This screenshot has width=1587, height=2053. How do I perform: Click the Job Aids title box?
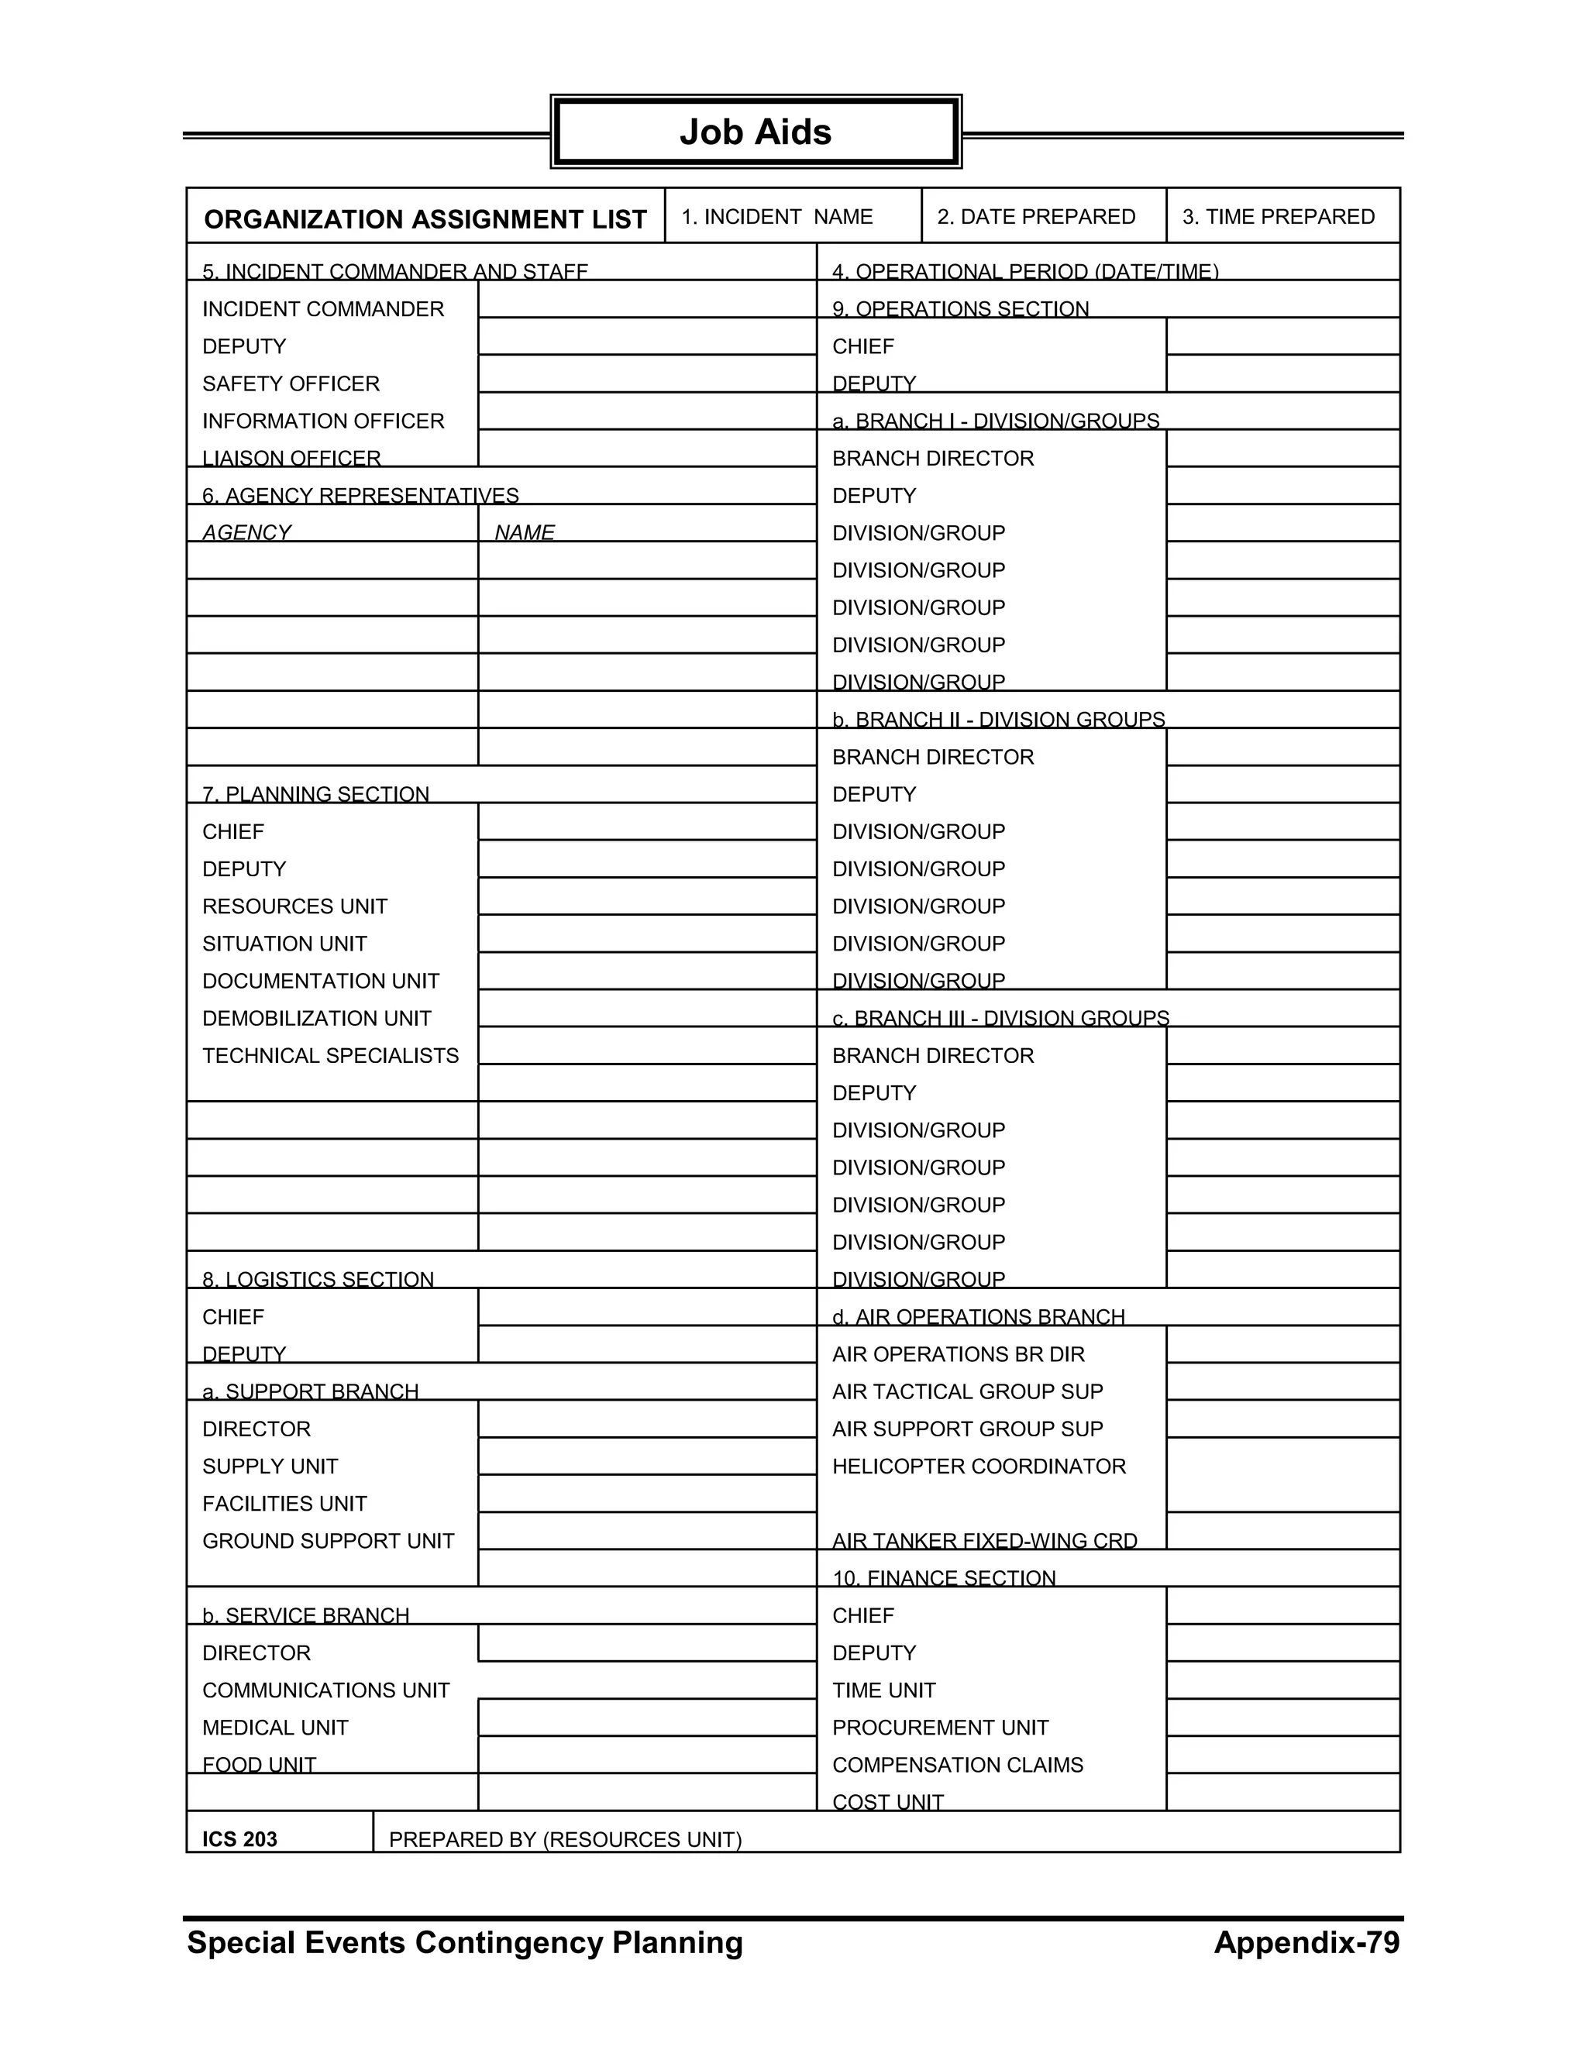coord(755,132)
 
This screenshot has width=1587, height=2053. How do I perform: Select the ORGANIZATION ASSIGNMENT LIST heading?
coord(425,219)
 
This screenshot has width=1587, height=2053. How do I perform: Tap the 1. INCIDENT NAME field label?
coord(776,217)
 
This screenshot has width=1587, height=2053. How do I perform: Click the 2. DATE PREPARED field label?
coord(1035,217)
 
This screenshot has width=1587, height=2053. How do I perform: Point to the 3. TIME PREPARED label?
coord(1278,217)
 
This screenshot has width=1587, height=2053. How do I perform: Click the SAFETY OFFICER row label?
coord(291,383)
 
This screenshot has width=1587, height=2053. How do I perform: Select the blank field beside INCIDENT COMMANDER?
coord(646,300)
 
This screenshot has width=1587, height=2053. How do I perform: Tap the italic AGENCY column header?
coord(246,532)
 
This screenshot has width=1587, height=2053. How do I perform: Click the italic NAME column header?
coord(524,532)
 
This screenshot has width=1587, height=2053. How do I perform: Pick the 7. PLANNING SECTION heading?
coord(315,794)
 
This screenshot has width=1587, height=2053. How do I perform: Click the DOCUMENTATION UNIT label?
coord(321,981)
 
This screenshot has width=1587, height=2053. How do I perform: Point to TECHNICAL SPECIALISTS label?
coord(330,1056)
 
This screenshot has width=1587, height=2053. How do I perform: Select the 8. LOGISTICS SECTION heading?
coord(318,1279)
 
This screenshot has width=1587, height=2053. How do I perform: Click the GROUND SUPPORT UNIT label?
coord(328,1541)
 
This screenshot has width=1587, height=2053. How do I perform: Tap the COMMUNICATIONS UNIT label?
coord(325,1690)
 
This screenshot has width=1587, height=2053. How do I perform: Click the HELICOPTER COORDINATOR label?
coord(979,1467)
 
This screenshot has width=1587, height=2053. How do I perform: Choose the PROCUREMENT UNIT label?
coord(940,1728)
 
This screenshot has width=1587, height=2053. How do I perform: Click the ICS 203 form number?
coord(239,1840)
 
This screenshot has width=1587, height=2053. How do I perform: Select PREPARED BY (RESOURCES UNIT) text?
coord(565,1840)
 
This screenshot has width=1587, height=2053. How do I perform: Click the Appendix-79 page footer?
coord(1306,1942)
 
